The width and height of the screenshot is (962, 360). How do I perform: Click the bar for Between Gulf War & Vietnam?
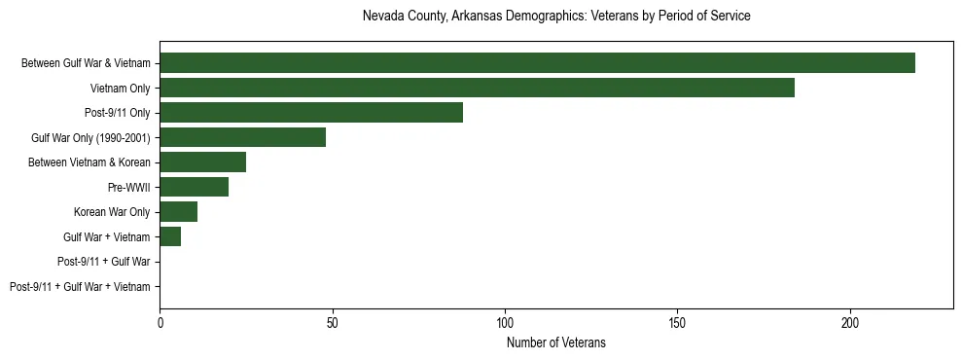[537, 63]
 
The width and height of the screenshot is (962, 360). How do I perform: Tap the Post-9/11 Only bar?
[311, 113]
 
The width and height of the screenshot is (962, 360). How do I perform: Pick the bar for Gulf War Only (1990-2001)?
[242, 137]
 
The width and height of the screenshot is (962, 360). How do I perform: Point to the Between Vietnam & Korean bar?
[202, 162]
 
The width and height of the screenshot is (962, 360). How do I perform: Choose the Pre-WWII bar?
[194, 187]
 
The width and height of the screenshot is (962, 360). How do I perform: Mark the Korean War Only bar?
[178, 212]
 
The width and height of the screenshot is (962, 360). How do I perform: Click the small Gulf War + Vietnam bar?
[170, 236]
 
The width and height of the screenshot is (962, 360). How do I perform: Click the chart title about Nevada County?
[555, 17]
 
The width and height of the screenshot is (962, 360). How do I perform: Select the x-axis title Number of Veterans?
[555, 342]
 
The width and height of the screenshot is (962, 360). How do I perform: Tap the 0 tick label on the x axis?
[160, 322]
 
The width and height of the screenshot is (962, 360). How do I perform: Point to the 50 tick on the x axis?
[333, 322]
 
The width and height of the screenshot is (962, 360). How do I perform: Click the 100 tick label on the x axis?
[505, 322]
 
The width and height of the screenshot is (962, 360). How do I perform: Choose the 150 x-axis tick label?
[678, 322]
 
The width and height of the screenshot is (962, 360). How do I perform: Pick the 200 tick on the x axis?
[850, 322]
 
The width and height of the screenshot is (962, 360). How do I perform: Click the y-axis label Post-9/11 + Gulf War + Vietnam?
[80, 286]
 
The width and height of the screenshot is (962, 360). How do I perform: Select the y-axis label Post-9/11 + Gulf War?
[103, 262]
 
